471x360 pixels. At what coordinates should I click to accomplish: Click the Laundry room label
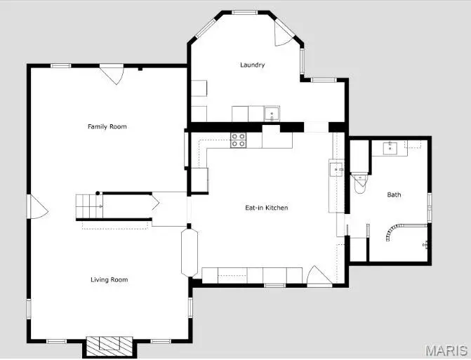coord(252,65)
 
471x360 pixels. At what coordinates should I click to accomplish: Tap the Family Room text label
coord(107,126)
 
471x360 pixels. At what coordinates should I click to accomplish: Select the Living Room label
coord(109,280)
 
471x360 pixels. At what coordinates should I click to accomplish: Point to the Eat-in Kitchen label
coord(266,208)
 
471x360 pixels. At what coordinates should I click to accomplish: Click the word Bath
coord(394,194)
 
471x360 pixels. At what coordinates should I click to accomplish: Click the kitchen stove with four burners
coord(239,140)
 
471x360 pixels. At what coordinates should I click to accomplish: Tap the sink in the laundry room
coord(271,112)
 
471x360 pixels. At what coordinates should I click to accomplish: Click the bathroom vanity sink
coord(392,147)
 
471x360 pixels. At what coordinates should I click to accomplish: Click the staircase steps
coord(89,206)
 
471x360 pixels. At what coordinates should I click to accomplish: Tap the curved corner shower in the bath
coord(393,233)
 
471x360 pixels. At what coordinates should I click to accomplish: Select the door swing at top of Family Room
coord(112,74)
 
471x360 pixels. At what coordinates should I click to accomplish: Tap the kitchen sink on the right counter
coord(336,169)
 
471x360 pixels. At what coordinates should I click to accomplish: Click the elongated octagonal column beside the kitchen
coord(190,251)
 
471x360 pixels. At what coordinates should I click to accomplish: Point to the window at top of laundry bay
coord(244,13)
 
